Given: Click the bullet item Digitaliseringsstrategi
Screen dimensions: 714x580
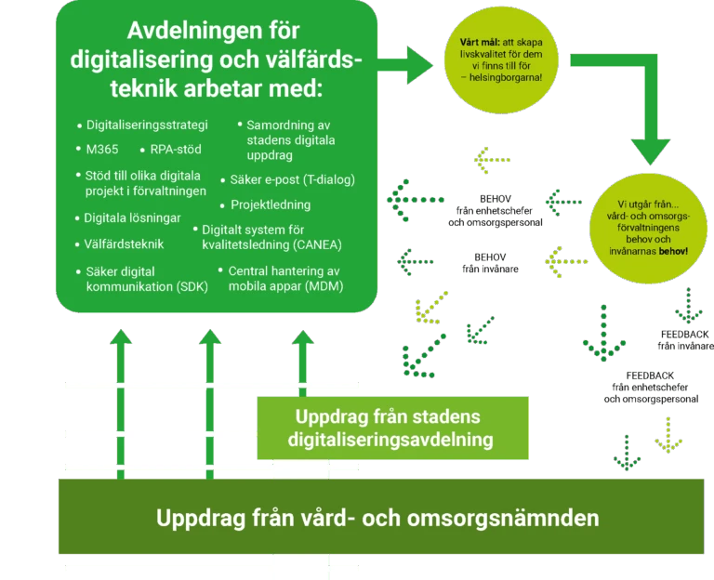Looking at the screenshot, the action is [x=147, y=125].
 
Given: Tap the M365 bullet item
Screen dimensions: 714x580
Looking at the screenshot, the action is [x=102, y=150].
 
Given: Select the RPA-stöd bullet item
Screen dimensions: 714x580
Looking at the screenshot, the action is [x=176, y=150].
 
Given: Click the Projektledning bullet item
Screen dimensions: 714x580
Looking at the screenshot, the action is [x=271, y=204].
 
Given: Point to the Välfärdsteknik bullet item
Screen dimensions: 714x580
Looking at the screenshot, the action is [x=124, y=244].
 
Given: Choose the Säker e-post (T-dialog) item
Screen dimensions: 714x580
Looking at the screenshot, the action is [x=292, y=179].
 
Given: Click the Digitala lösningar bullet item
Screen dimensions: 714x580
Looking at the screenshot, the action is [x=132, y=218].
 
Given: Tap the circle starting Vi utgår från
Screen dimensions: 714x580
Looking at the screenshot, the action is [x=648, y=228].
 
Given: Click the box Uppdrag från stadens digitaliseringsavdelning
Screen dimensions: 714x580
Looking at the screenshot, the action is [x=392, y=428].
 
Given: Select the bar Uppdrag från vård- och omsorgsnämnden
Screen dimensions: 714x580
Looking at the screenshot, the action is [x=381, y=516].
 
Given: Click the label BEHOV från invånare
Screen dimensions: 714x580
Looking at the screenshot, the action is [x=490, y=263].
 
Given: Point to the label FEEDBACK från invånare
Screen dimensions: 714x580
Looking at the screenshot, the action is [x=685, y=340].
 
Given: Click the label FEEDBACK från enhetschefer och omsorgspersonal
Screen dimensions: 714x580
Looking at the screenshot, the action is [x=651, y=388].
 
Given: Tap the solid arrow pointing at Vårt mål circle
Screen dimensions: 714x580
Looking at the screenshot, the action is [x=404, y=65].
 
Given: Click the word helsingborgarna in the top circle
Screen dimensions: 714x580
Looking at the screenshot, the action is [x=506, y=77].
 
